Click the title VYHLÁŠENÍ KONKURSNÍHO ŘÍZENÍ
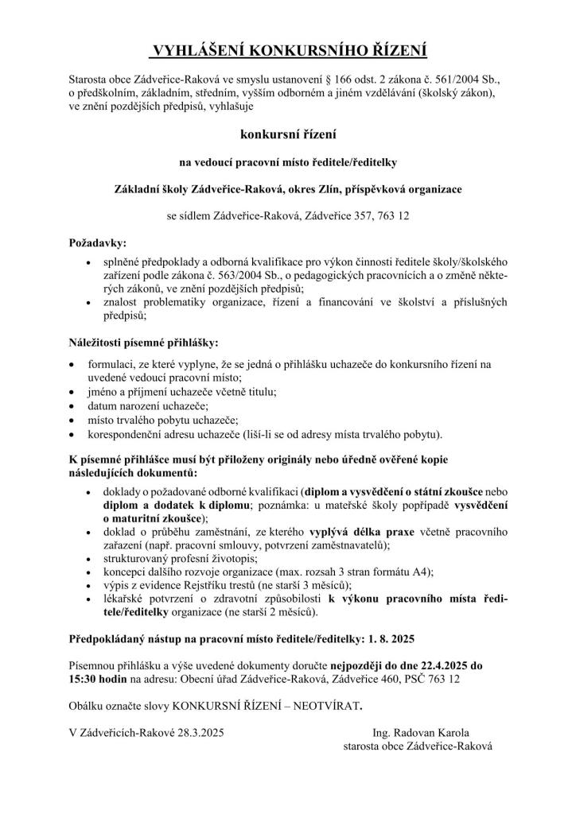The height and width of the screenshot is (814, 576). [x=289, y=52]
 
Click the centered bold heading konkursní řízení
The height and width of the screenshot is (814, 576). [x=288, y=135]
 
